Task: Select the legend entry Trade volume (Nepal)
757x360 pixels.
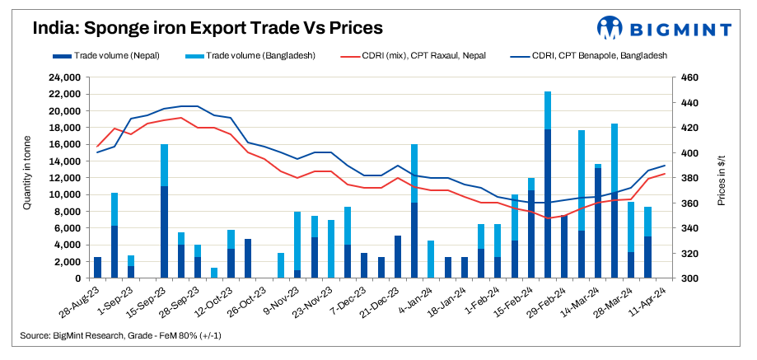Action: click(116, 55)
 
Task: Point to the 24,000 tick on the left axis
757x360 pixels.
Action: click(63, 77)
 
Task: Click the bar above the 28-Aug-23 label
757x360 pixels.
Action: click(98, 268)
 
